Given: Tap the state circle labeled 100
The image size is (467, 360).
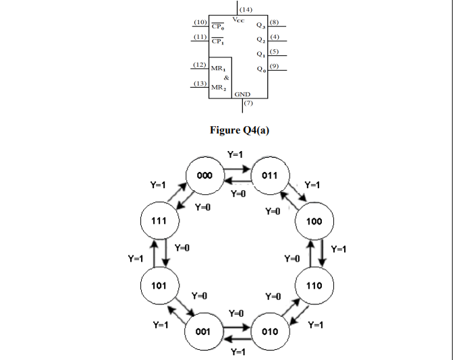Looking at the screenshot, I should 314,220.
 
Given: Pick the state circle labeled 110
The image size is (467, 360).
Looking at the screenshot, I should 314,285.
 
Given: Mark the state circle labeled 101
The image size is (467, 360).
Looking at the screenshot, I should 159,285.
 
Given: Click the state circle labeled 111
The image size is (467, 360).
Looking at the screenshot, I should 159,220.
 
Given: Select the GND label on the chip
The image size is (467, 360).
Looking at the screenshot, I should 243,94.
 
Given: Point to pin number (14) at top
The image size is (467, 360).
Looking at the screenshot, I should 246,9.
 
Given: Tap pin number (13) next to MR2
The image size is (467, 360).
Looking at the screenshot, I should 199,83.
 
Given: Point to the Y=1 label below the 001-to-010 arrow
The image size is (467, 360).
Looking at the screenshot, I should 238,352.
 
